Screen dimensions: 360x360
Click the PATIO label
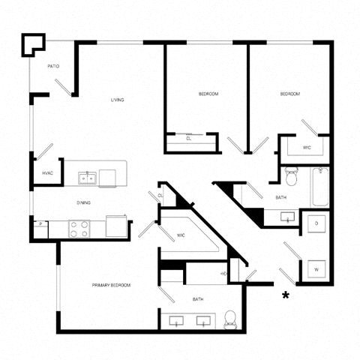[53, 66]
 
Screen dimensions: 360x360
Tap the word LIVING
[117, 100]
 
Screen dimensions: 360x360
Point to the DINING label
[83, 202]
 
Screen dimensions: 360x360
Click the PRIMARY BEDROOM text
[111, 286]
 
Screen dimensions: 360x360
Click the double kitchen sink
[88, 178]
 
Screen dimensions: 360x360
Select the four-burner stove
[79, 228]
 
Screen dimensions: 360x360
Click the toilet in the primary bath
[232, 319]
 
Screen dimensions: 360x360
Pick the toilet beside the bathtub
[292, 178]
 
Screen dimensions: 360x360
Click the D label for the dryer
[316, 223]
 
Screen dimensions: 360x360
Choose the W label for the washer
[316, 268]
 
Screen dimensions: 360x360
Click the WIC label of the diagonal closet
[181, 236]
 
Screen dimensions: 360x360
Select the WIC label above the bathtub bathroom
[307, 147]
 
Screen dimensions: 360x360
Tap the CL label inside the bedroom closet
[188, 139]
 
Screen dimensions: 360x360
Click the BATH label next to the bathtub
[280, 197]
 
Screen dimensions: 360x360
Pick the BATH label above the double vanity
[198, 299]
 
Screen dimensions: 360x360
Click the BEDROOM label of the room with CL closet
[208, 94]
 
